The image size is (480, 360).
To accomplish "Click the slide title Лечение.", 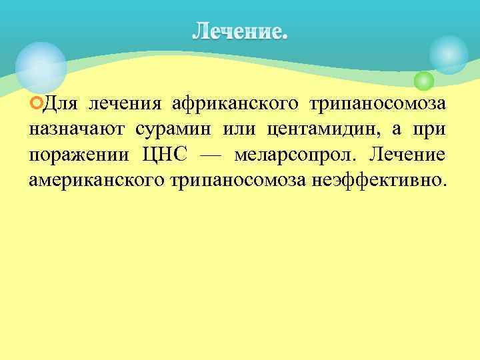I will point(241,30).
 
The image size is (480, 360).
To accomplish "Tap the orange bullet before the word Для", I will point(35,105).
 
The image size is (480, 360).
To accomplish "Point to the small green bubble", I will point(423,81).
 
